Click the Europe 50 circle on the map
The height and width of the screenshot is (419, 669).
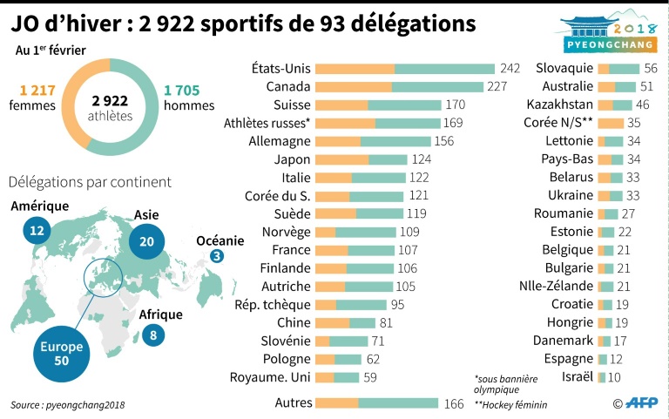tap(63, 352)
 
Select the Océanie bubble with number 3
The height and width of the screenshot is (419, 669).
tap(217, 256)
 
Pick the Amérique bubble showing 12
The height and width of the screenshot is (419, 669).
tap(36, 231)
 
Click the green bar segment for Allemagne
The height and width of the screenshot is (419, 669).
tap(397, 141)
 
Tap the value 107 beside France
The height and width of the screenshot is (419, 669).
tap(409, 250)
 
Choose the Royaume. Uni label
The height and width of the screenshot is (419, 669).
tap(269, 377)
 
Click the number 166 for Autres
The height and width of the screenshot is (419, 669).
tap(454, 402)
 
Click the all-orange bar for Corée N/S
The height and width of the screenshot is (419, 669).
tap(611, 123)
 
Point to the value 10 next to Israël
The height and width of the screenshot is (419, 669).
tap(614, 376)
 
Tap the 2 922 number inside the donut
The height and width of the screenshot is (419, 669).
tap(110, 100)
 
